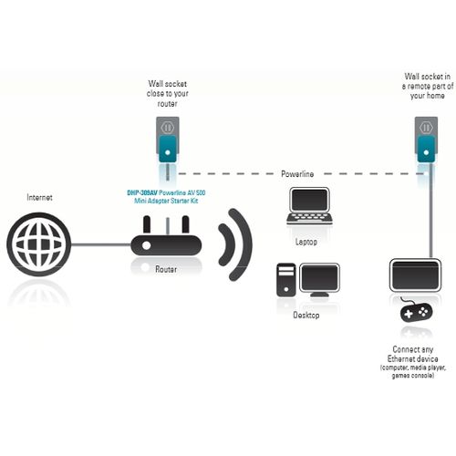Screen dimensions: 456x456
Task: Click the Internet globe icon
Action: point(38,244)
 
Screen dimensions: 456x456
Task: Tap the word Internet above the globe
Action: point(39,197)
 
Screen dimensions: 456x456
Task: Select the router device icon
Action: point(165,244)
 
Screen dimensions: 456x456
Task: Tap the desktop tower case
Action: point(287,280)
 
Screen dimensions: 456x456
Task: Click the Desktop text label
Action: point(306,315)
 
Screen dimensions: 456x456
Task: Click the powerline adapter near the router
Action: point(167,147)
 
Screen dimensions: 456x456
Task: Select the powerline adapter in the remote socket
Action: point(426,146)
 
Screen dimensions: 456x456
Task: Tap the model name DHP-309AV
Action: point(143,193)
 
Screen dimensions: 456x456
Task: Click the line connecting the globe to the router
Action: point(100,244)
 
